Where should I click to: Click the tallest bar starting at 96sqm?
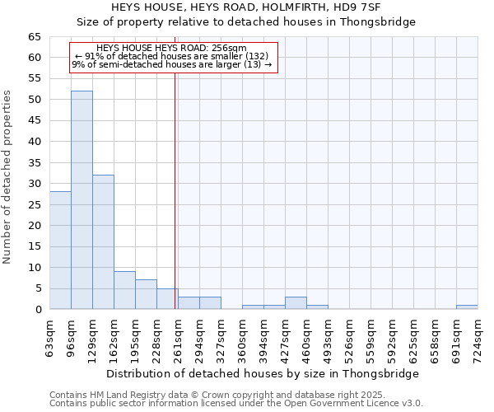(x=82, y=200)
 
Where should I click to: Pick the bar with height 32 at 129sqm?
(x=103, y=242)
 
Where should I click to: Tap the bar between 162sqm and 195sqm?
(x=124, y=290)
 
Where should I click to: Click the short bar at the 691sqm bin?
(x=467, y=307)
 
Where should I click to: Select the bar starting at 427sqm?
(x=296, y=302)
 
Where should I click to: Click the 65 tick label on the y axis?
(x=34, y=37)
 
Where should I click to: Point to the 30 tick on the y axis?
(x=34, y=184)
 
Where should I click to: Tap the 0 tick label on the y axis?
(x=37, y=310)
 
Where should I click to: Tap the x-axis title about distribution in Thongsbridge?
(x=263, y=373)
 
